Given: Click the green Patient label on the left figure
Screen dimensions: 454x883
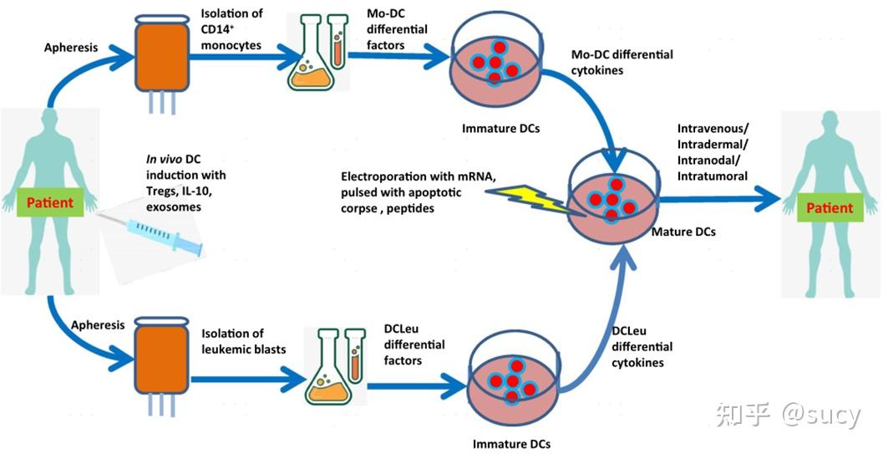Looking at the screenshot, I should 50,202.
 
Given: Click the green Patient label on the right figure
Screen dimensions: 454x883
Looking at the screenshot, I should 830,207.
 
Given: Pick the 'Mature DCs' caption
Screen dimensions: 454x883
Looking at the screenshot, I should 683,232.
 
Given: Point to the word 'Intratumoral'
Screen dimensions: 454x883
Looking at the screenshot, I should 713,176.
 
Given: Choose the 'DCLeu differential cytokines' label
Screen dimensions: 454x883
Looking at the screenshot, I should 642,346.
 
